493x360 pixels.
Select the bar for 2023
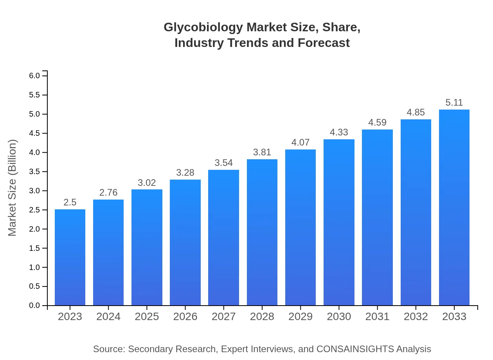coord(70,257)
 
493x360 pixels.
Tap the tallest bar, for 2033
coord(454,207)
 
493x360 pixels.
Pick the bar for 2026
coord(185,242)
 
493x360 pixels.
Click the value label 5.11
coord(454,103)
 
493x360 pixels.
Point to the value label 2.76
coord(108,193)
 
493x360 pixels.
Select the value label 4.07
coord(300,142)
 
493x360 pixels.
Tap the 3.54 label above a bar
coord(224,163)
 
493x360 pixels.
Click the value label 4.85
coord(416,113)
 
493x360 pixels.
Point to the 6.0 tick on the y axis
coord(35,76)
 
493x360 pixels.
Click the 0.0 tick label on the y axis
coord(35,306)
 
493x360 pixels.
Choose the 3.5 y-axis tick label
coord(35,171)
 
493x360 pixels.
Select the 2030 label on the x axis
coord(339,317)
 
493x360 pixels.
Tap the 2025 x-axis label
coord(147,317)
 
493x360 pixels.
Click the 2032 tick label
coord(416,317)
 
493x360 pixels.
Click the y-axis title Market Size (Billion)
coord(13,188)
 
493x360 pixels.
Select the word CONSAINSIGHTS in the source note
coord(355,349)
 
